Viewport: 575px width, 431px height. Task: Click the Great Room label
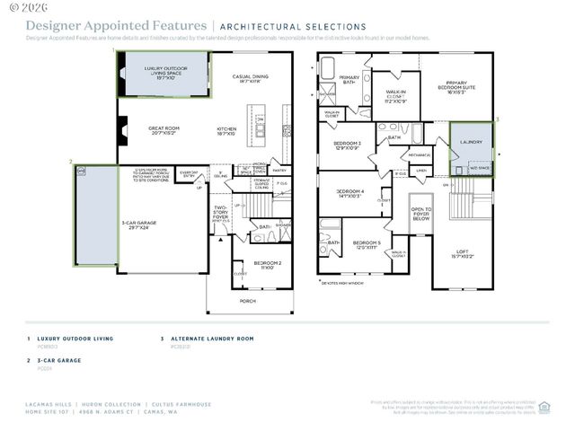[164, 131]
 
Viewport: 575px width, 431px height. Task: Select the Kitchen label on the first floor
[226, 132]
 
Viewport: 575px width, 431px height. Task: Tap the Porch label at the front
[247, 301]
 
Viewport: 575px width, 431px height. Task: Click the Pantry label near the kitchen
[279, 170]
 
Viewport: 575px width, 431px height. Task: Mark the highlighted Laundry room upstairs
[471, 143]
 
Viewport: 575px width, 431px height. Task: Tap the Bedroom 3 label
[347, 145]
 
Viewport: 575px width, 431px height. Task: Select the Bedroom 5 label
[366, 245]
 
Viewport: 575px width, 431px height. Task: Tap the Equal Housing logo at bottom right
[544, 406]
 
